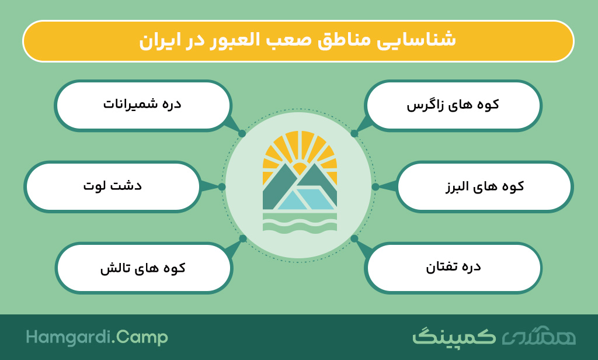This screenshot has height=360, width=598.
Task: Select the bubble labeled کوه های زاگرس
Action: (x=453, y=105)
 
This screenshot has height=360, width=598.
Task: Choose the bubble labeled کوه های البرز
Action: (x=484, y=186)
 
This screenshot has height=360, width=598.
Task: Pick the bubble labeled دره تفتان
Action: (x=453, y=268)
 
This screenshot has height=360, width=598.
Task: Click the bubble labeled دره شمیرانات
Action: (x=143, y=105)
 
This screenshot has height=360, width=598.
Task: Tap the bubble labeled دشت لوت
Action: (x=113, y=186)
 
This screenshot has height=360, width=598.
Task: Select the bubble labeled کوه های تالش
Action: (x=144, y=268)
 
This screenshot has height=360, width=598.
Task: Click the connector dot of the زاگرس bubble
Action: (x=354, y=134)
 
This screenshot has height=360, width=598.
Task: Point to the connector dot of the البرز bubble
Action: (x=376, y=186)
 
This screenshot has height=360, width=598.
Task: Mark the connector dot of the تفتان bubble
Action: (x=354, y=238)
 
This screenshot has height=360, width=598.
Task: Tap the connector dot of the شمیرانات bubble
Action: (x=242, y=134)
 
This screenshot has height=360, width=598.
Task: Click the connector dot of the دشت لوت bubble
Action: (x=222, y=186)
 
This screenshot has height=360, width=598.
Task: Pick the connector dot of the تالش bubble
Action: (x=243, y=238)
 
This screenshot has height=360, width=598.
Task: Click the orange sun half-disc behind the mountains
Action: (x=300, y=167)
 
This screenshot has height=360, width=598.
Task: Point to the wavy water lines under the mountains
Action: (x=300, y=223)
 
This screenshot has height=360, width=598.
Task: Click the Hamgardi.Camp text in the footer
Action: (x=97, y=338)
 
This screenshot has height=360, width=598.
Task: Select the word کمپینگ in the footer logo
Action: (x=454, y=337)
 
